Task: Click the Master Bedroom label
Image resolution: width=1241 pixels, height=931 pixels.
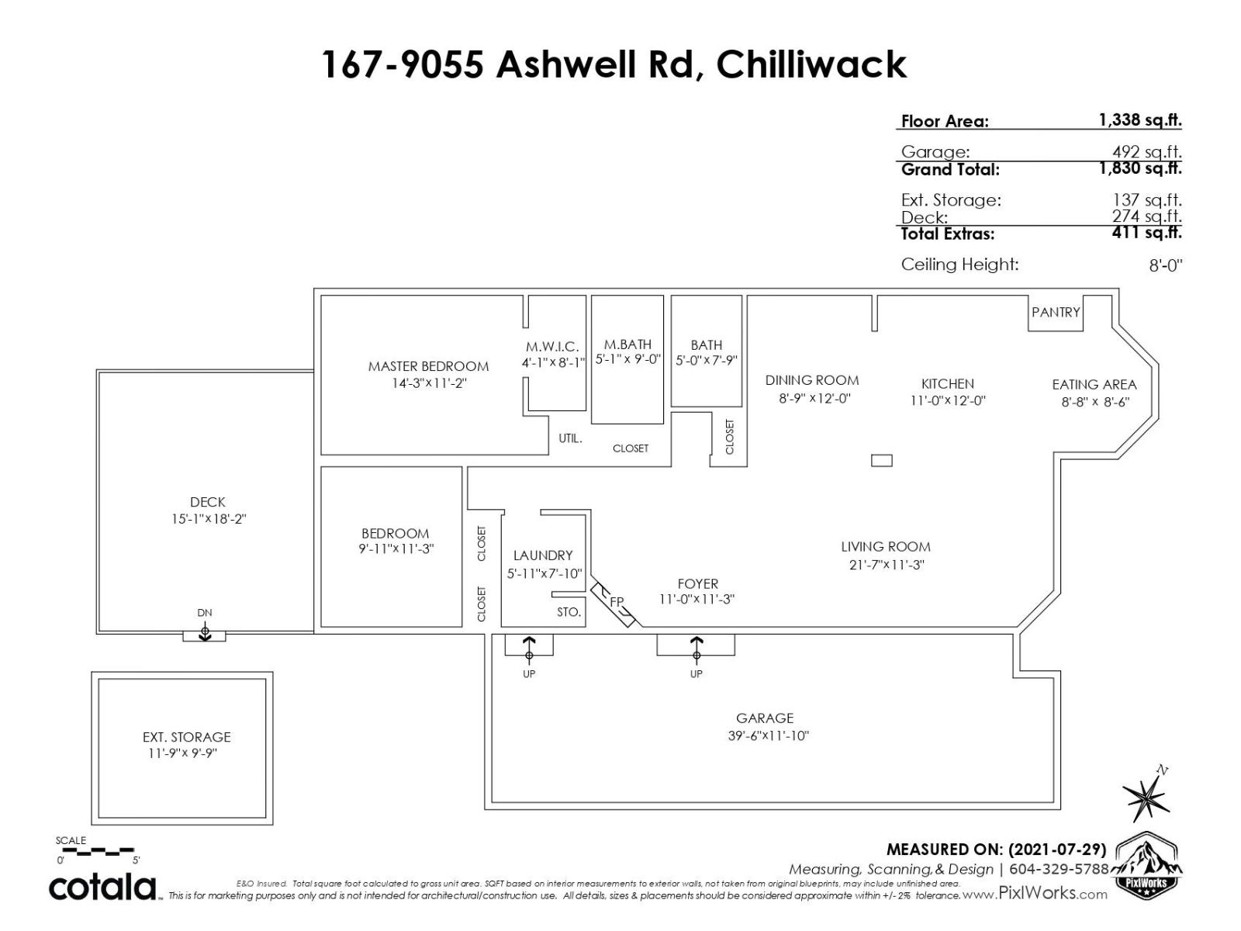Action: pos(428,366)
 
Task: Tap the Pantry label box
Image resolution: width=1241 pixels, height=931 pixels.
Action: pos(1055,313)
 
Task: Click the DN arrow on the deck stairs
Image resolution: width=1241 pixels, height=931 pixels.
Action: pos(205,632)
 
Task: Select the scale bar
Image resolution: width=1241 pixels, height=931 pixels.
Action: pos(95,850)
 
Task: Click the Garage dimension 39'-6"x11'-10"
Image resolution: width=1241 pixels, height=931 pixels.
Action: pos(769,735)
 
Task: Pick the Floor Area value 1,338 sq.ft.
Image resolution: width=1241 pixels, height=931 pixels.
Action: pos(1140,119)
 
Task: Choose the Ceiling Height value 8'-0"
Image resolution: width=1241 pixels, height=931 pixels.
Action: pos(1165,265)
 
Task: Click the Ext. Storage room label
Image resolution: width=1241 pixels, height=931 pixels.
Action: pos(187,737)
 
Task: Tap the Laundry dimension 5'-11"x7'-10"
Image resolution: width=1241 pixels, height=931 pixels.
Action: pos(544,574)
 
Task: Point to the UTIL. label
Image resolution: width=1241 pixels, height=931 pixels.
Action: pos(570,438)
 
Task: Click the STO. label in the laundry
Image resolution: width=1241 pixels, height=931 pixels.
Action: pos(569,612)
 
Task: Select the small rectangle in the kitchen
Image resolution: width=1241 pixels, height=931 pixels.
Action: pos(881,461)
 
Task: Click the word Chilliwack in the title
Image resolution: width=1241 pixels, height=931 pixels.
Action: pos(811,64)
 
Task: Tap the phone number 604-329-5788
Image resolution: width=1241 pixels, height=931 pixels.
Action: pos(1059,869)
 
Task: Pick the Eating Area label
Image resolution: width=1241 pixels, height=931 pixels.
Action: pos(1094,384)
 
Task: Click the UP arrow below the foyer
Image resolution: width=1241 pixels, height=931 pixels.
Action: pos(697,649)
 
